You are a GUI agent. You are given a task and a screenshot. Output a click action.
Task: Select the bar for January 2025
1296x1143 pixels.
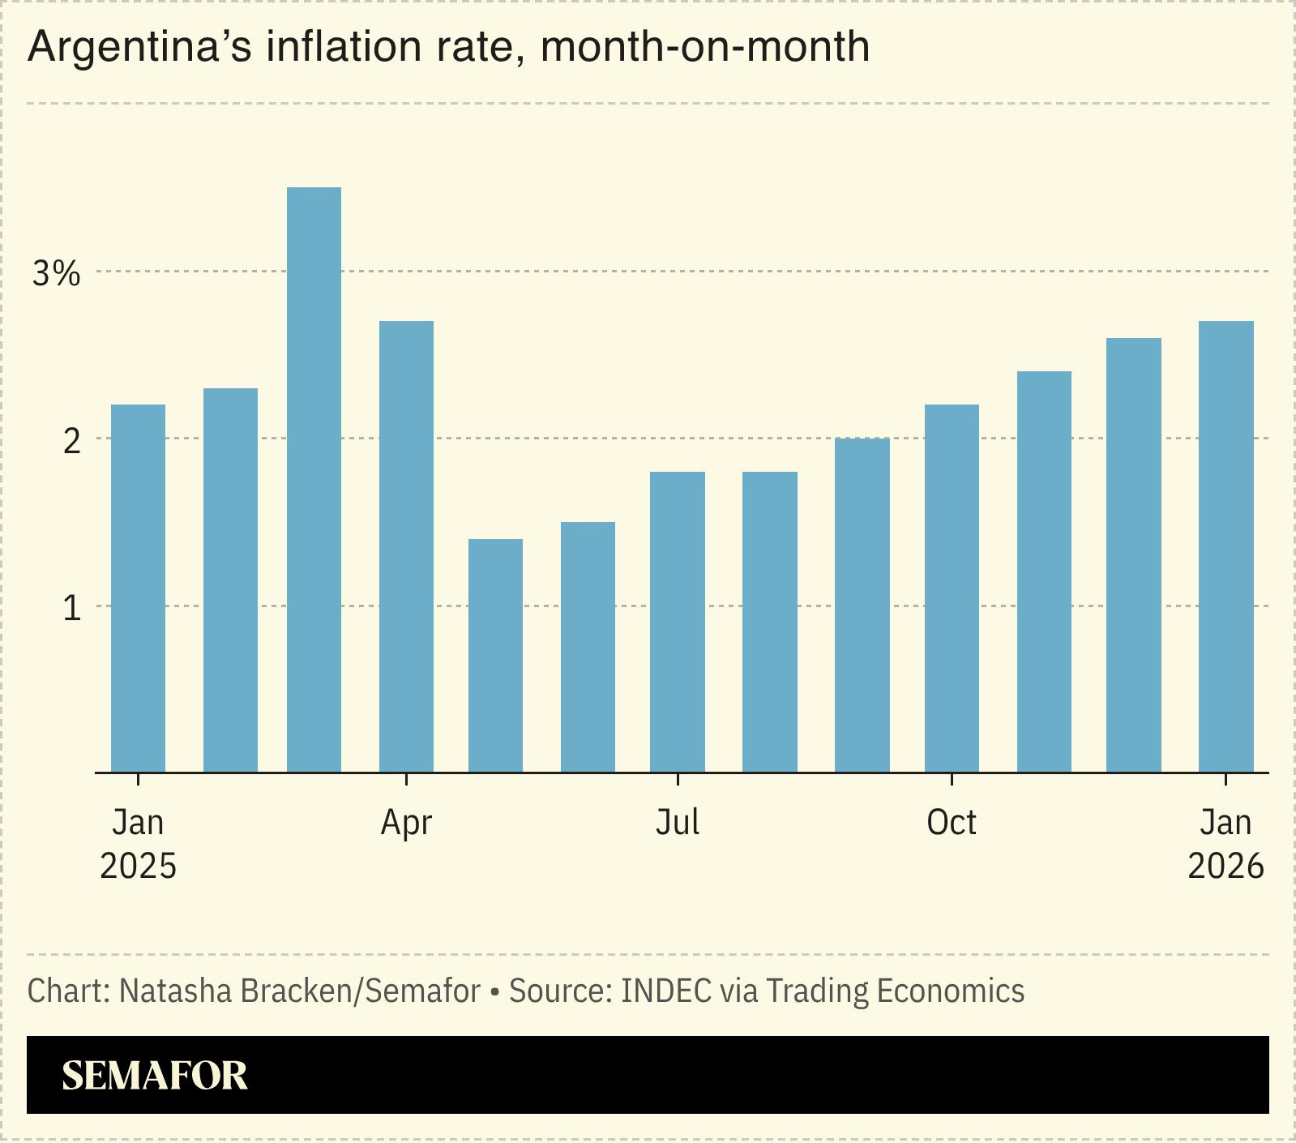[x=138, y=589]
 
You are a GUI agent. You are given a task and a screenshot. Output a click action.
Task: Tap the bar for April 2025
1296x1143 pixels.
[x=406, y=546]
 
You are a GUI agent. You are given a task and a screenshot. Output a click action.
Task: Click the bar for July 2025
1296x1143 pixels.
[x=677, y=622]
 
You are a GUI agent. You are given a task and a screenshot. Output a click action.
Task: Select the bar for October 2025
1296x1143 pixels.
[x=951, y=589]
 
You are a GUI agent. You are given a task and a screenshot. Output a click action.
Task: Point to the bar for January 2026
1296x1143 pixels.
[x=1225, y=546]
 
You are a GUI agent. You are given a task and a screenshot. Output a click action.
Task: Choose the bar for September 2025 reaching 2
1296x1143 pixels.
[x=862, y=605]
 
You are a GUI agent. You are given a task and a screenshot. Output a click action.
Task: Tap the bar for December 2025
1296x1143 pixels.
[x=1133, y=555]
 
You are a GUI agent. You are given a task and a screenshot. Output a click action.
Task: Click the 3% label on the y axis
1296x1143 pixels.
[x=56, y=274]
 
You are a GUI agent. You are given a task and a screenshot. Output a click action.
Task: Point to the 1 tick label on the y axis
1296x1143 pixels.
[x=71, y=608]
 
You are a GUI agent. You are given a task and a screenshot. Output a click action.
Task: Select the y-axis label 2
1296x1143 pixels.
[x=71, y=441]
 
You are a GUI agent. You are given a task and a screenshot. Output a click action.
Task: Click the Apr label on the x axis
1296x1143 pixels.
[x=406, y=823]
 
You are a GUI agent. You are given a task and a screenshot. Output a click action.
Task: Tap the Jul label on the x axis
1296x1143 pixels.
[x=677, y=823]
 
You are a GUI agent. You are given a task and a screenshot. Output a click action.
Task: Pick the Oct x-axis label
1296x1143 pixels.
[x=951, y=823]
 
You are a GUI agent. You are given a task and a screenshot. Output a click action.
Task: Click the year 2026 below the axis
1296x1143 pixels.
[x=1225, y=867]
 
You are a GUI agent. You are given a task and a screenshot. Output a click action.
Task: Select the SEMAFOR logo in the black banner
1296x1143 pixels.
[x=154, y=1076]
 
